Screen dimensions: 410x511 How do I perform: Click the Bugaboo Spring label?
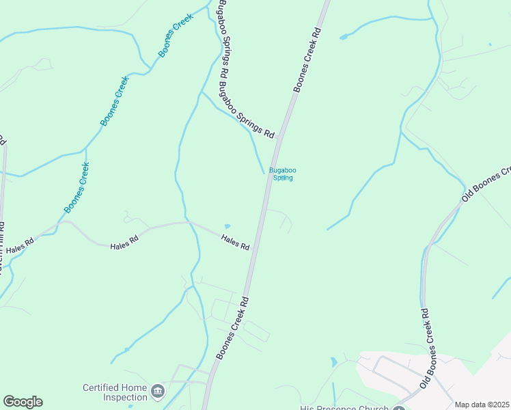point(281,174)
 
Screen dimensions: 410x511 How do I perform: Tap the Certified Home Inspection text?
point(115,392)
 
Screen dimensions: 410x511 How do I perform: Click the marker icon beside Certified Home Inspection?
point(158,391)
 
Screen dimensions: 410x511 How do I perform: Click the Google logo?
point(23,402)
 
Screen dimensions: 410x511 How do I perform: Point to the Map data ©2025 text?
point(482,405)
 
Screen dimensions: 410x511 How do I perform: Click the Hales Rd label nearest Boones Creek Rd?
point(235,241)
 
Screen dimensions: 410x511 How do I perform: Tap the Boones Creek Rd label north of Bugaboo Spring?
point(307,60)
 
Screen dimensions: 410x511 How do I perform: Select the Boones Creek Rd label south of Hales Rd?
point(230,328)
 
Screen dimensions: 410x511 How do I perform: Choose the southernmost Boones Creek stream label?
point(77,187)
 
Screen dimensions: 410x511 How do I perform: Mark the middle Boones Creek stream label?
point(115,101)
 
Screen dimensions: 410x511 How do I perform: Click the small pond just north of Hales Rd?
point(227,227)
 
